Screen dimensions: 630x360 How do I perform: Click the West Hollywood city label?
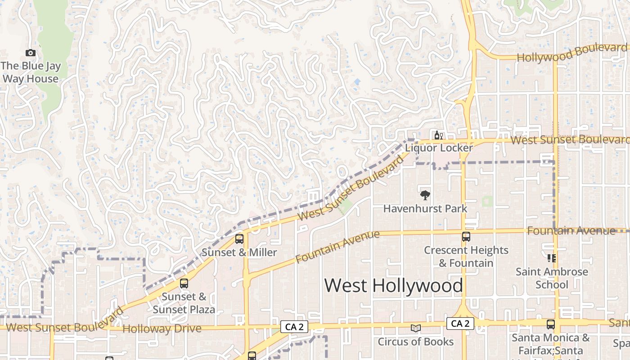click(393, 285)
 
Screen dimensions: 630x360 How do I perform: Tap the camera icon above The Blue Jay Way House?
click(31, 53)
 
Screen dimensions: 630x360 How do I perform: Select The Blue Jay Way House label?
click(31, 72)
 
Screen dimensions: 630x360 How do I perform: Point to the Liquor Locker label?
click(439, 148)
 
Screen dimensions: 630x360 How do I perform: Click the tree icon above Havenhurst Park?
click(425, 195)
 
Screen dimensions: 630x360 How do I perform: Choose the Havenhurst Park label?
click(425, 209)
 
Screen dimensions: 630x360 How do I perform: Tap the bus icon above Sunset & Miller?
click(239, 239)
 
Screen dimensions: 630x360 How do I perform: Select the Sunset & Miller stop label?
click(239, 252)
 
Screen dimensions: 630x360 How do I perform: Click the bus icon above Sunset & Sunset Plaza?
click(184, 283)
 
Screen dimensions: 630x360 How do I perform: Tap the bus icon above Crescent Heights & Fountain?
click(466, 236)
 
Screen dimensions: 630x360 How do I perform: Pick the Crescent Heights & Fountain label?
click(466, 256)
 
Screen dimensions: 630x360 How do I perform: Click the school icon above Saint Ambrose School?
click(552, 258)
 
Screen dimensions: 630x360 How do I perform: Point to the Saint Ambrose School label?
click(552, 278)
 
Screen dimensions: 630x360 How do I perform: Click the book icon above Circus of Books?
click(416, 328)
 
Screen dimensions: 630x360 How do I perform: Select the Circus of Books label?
click(416, 342)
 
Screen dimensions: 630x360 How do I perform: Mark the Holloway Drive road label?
click(162, 329)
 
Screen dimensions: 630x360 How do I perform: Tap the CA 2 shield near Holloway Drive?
click(294, 327)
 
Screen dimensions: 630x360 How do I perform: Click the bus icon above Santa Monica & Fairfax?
click(551, 324)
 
